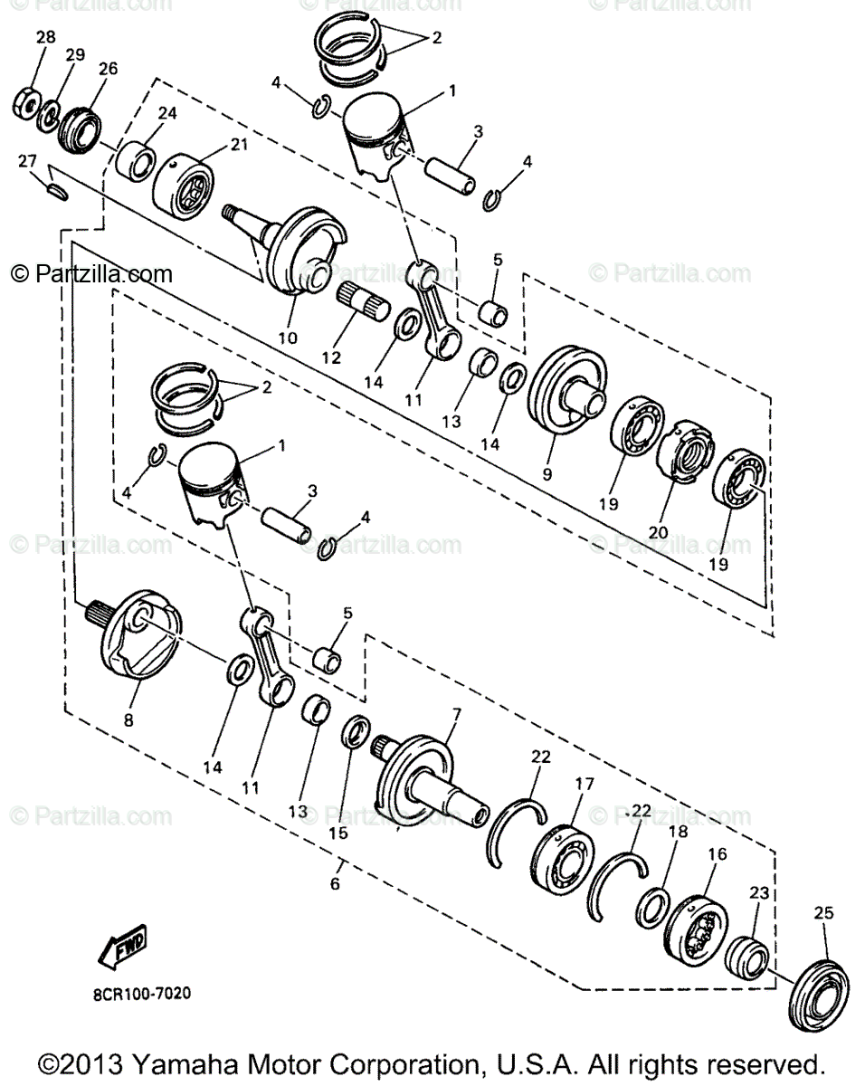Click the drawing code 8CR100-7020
pos(141,993)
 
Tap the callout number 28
pos(45,37)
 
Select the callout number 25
pos(822,913)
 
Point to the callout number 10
pos(287,338)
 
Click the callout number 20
pos(658,532)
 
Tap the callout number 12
pos(331,357)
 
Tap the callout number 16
pos(718,853)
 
